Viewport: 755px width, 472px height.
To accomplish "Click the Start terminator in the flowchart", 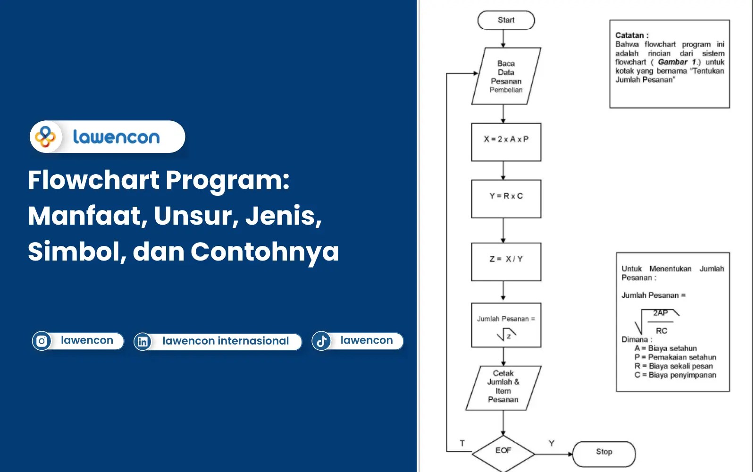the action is point(506,20).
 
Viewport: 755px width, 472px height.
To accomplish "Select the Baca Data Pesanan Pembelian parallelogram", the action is point(506,76).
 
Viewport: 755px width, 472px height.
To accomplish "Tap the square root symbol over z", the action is point(506,335).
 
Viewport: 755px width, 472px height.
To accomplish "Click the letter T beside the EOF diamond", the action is point(462,443).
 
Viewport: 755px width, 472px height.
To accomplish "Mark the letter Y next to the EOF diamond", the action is point(551,443).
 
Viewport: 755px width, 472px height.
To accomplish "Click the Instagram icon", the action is point(42,341).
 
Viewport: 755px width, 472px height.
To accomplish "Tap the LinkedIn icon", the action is point(143,341).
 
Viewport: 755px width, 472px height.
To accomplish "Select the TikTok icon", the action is point(321,341).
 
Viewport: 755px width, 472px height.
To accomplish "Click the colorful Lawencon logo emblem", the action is point(46,137).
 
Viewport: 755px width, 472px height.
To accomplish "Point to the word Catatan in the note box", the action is point(629,35).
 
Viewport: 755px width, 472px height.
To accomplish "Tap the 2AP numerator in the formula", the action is point(660,313).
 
